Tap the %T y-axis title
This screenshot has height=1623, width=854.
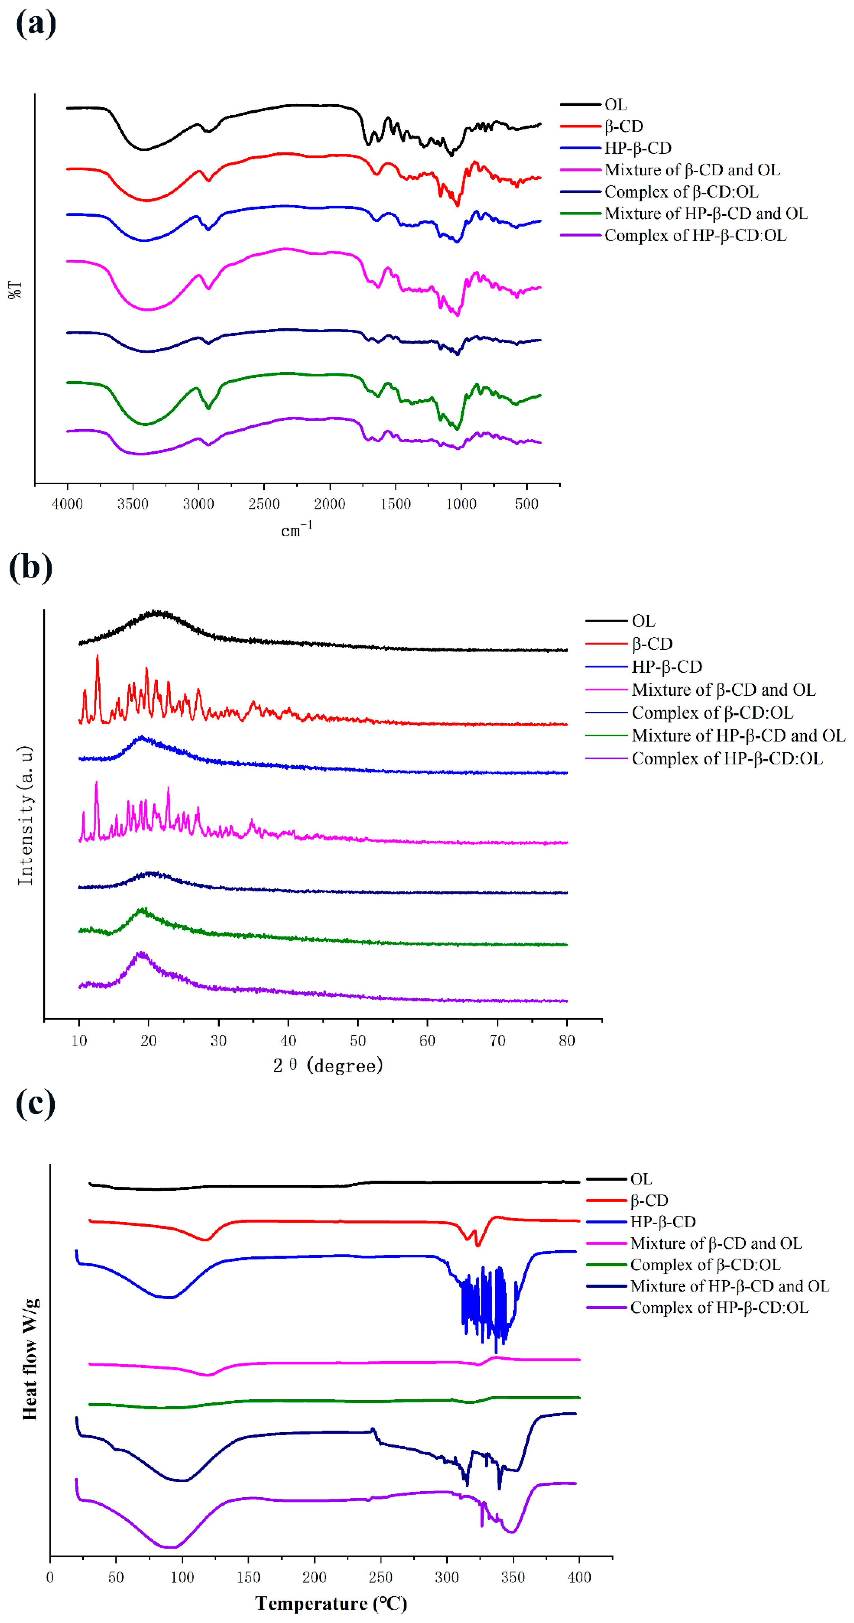pyautogui.click(x=15, y=289)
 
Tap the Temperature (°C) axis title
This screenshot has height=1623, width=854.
pyautogui.click(x=331, y=1603)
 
